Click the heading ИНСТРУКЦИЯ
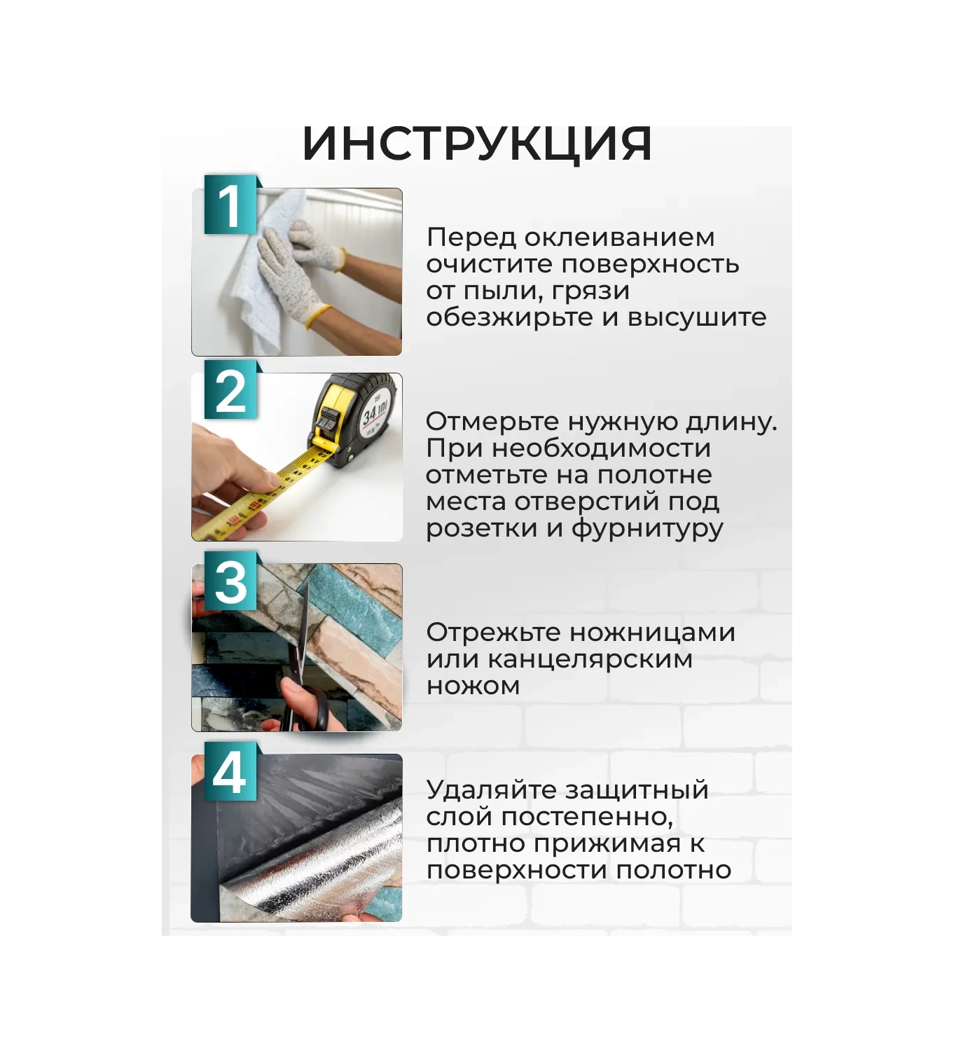pos(477,144)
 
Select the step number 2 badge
pos(230,391)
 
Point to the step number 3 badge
pos(230,581)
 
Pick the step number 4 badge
pos(230,772)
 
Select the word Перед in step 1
pos(471,237)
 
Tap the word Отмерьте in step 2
pos(492,422)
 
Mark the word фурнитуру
pos(647,528)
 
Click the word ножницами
pos(652,633)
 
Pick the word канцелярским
pos(590,659)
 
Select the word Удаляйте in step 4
pos(492,789)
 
